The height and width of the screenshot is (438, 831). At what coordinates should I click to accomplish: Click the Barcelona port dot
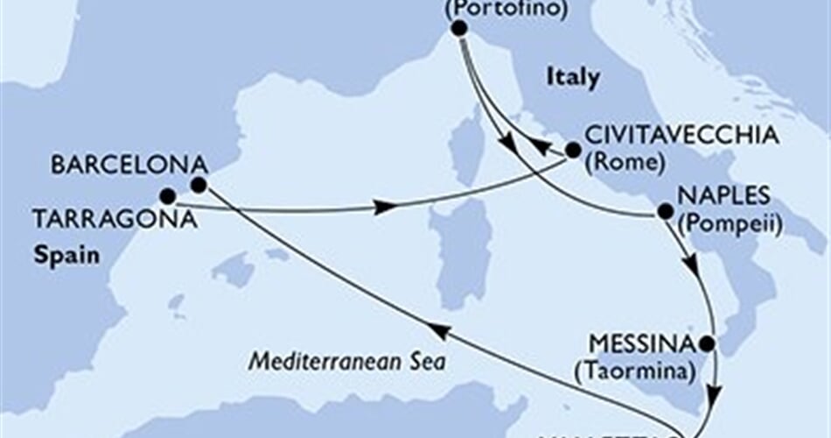pos(198,184)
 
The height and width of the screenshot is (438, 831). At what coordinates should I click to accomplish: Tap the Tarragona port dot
pos(167,195)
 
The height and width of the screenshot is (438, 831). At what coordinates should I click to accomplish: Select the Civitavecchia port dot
pos(572,151)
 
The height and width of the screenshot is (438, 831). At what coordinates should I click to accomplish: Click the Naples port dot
pos(665,211)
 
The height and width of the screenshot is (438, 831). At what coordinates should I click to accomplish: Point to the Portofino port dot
pos(458,29)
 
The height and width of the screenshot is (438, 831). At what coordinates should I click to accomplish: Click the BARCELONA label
pos(129,164)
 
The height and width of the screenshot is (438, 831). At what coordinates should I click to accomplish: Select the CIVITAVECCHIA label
pos(681,137)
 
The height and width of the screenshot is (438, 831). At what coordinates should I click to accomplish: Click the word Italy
pos(573,78)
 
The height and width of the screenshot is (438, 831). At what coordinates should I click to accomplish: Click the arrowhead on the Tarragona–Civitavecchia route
pos(381,208)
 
